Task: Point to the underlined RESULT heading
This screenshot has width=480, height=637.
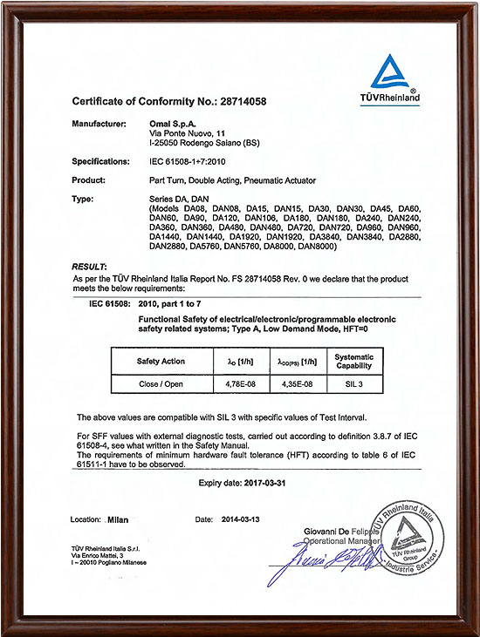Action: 89,264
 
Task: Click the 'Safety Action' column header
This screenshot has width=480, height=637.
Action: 161,361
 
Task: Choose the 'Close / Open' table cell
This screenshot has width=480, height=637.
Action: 161,382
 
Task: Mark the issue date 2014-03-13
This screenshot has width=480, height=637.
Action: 239,519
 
